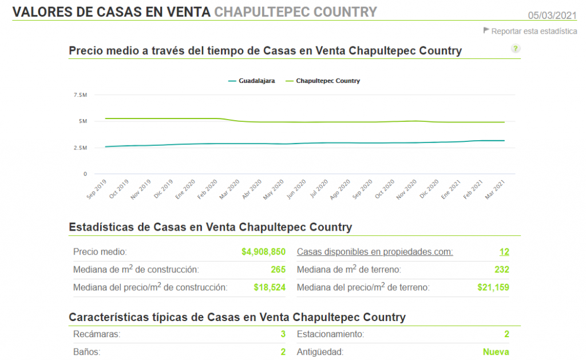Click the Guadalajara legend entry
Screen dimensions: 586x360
(x=252, y=81)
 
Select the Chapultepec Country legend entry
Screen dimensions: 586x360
(x=323, y=81)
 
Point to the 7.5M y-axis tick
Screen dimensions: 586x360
(x=80, y=95)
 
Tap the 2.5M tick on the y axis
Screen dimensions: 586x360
(x=80, y=148)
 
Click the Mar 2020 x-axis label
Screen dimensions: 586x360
(x=229, y=189)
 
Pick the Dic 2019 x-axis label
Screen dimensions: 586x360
(x=163, y=189)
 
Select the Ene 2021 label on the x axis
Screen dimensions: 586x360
(x=450, y=189)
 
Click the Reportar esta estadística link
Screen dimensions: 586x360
(x=534, y=31)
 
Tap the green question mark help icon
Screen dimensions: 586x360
(x=516, y=49)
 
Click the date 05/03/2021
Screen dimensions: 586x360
(x=552, y=15)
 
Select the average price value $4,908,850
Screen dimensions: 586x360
(x=263, y=252)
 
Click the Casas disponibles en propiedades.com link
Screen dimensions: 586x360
(x=375, y=252)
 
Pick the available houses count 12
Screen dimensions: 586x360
(x=504, y=252)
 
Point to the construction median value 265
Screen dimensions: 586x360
(x=278, y=270)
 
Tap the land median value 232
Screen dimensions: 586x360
(x=502, y=270)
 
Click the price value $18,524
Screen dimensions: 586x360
(x=270, y=287)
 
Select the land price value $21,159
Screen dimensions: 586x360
(x=493, y=287)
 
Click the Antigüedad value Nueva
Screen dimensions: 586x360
(x=496, y=352)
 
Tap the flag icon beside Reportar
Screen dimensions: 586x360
(x=486, y=30)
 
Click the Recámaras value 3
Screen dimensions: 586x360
(x=283, y=334)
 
